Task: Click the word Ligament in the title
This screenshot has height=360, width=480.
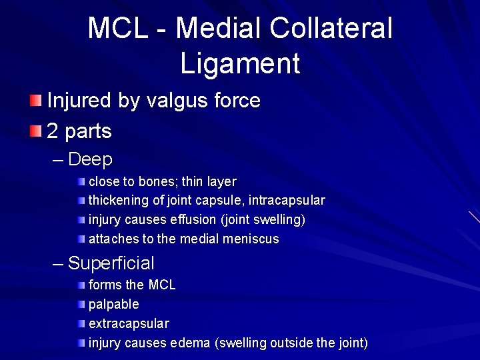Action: (240, 63)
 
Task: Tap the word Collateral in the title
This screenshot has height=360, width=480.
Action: (331, 29)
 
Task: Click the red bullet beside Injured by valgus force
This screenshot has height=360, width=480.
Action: (35, 101)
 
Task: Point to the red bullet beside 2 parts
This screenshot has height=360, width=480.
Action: (35, 131)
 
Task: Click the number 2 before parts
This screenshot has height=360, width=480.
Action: (53, 131)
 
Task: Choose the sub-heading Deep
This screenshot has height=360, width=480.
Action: (90, 160)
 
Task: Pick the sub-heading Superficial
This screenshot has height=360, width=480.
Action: (111, 263)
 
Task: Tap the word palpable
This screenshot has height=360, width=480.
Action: (114, 304)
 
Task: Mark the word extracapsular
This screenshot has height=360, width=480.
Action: (129, 323)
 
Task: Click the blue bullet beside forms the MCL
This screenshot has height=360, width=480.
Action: (81, 285)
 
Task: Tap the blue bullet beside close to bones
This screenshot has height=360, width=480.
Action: (81, 181)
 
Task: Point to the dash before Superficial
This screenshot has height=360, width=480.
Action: (59, 264)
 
